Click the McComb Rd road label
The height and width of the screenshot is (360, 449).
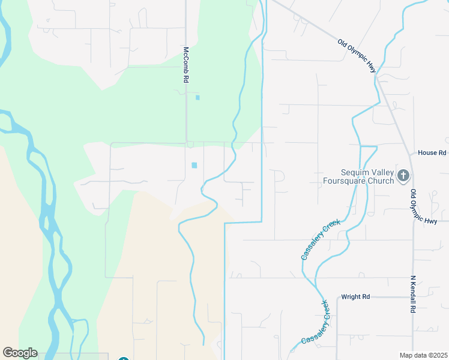click(186, 64)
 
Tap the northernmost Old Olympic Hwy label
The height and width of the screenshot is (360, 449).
click(357, 57)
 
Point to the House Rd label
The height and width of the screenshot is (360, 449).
click(432, 153)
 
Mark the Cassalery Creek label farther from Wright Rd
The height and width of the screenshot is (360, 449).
click(321, 239)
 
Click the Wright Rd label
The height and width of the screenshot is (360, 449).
click(355, 296)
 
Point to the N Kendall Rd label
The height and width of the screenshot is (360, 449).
click(413, 295)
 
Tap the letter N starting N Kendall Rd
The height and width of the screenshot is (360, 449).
click(413, 278)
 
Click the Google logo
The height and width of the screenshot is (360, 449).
click(20, 353)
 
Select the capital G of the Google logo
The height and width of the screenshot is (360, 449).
click(8, 353)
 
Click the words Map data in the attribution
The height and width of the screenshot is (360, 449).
click(412, 355)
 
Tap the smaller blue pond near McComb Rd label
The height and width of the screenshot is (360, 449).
click(197, 97)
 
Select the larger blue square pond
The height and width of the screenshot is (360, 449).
click(194, 165)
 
